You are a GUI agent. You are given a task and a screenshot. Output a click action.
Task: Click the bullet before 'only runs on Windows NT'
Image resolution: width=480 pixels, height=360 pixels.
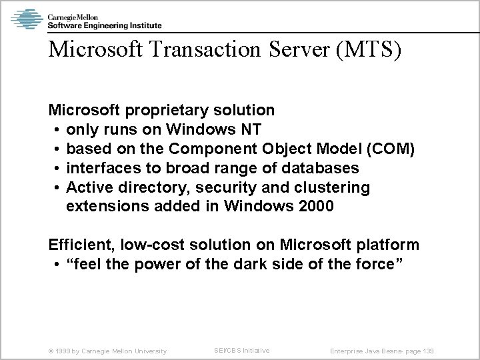coord(59,129)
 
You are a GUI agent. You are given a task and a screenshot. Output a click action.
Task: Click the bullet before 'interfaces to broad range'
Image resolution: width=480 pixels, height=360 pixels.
coord(59,168)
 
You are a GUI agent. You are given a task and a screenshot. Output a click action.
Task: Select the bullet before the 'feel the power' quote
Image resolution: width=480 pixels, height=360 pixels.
coord(59,265)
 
